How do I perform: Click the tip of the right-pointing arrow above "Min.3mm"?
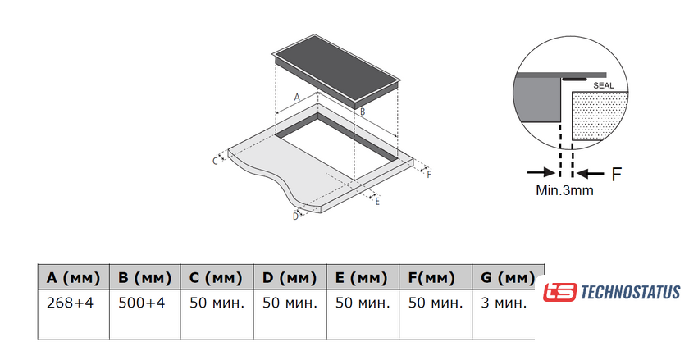click(556, 173)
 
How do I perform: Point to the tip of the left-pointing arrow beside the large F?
click(577, 174)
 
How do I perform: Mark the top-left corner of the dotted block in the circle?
click(573, 93)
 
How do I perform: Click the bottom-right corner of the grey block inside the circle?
click(561, 121)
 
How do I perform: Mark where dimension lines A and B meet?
click(318, 93)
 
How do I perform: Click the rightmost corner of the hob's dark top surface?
click(399, 81)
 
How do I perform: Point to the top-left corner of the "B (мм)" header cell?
click(109, 265)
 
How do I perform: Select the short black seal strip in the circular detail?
click(574, 79)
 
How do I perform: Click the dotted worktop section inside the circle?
click(600, 115)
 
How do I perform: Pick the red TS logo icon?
click(559, 292)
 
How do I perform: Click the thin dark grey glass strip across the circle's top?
click(561, 75)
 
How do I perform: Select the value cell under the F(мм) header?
click(436, 314)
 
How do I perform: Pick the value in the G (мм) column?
click(504, 303)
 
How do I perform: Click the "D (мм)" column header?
click(290, 278)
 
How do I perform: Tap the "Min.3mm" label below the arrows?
click(564, 191)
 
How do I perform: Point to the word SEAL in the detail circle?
click(604, 86)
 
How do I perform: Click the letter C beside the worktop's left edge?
click(215, 161)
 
